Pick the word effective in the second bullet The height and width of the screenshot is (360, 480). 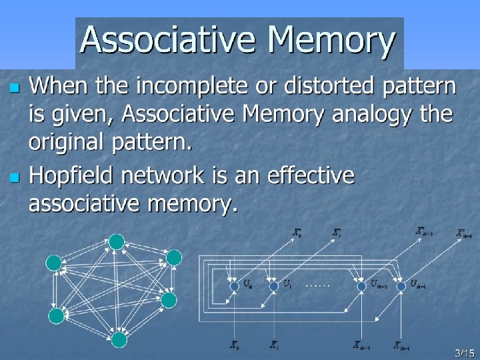tap(310, 177)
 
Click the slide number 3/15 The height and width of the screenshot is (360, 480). tap(463, 351)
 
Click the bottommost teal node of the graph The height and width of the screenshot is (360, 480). tap(119, 340)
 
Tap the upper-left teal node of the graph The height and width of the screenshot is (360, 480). tap(54, 263)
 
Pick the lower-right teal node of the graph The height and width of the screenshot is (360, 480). tap(169, 300)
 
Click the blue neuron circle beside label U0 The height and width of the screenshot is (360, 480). tap(234, 286)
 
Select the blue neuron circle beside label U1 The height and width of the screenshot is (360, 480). tap(273, 286)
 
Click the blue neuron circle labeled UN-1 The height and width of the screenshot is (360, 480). tap(401, 286)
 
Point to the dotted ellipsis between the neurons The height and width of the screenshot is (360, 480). tap(317, 285)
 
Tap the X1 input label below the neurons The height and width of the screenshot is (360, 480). tap(274, 345)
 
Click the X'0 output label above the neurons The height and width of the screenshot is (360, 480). tap(297, 233)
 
